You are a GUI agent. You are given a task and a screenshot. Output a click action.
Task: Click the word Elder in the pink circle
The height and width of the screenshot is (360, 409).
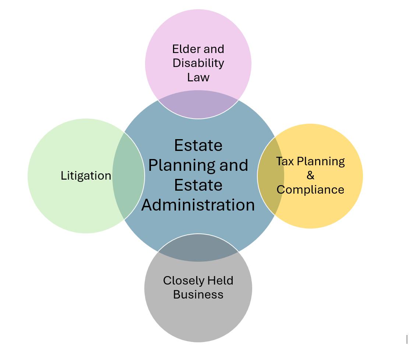[184, 49]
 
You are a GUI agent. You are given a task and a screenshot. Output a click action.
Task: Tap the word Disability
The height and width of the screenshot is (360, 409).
[198, 63]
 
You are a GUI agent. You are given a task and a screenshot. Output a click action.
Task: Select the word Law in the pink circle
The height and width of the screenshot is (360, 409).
[198, 77]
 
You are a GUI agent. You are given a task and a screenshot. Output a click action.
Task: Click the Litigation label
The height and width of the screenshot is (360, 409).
[86, 176]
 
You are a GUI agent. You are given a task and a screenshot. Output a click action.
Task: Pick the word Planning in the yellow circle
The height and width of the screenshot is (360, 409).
[321, 162]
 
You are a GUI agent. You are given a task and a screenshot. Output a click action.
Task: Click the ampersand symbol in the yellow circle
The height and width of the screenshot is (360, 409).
[310, 175]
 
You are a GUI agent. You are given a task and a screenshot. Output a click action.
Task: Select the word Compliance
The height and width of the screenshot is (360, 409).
[310, 190]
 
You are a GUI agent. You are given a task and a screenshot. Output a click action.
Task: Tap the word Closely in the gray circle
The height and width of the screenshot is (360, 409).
[183, 281]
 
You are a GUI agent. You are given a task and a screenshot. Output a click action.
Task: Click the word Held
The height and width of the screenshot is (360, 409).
[220, 280]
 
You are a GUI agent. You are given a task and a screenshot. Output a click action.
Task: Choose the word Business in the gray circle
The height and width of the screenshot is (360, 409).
[198, 294]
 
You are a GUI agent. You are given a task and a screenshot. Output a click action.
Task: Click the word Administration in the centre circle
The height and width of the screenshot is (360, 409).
[198, 205]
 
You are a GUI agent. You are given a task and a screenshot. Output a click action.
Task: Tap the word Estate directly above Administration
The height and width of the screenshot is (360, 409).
[198, 185]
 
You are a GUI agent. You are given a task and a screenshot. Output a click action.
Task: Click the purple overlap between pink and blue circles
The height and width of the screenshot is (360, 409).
[198, 105]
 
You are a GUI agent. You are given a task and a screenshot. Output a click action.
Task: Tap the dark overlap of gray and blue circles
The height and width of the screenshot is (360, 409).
[198, 248]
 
